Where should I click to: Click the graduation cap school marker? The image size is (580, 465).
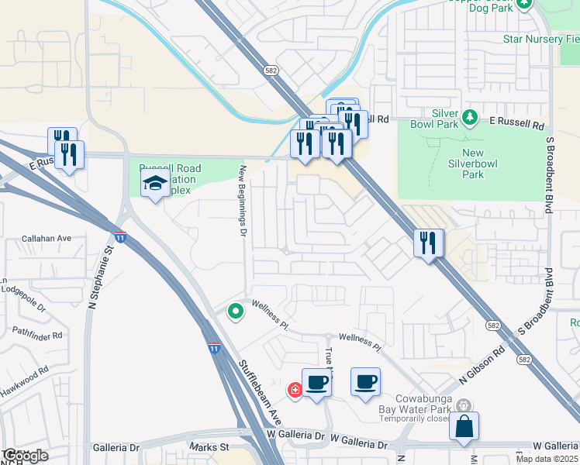(155, 184)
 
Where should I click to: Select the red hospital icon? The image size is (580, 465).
(295, 390)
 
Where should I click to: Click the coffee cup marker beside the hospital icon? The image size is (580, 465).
(316, 382)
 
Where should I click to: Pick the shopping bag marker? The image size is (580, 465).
(464, 426)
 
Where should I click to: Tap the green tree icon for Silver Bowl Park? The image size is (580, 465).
(469, 117)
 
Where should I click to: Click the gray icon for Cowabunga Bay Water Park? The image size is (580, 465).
(464, 405)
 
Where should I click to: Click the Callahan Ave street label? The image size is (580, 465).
(47, 239)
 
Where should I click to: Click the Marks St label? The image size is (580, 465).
(209, 447)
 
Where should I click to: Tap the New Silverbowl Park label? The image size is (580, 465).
(483, 164)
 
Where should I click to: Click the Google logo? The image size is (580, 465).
(26, 456)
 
